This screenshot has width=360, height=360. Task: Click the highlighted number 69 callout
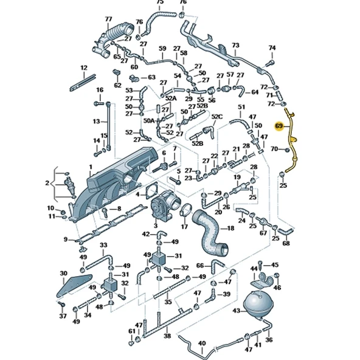279,126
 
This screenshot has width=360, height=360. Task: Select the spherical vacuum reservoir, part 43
258,305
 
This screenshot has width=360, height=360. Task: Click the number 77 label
108,19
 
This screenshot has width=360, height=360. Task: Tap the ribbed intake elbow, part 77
112,40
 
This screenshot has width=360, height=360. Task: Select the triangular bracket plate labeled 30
74,286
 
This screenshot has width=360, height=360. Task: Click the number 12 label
84,68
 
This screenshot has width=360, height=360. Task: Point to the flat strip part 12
83,83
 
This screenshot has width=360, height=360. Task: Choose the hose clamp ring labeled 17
186,210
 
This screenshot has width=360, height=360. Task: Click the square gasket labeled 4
152,190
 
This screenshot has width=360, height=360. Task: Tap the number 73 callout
235,45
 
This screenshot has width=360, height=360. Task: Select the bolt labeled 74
270,63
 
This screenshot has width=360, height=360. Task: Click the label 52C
217,117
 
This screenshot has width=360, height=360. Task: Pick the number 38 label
167,336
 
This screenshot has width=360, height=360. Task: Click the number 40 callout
202,344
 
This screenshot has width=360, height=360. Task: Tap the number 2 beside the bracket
47,183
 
